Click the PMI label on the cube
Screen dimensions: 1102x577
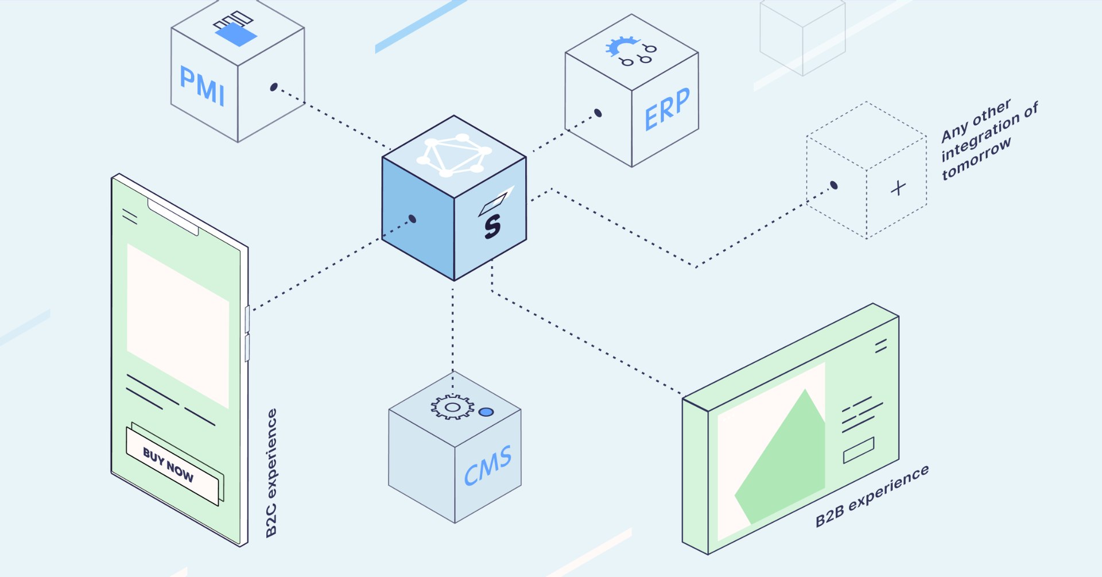201,86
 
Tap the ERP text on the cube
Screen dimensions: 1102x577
667,109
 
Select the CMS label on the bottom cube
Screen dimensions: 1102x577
487,466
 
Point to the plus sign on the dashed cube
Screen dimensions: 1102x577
898,188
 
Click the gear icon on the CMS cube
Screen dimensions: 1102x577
452,407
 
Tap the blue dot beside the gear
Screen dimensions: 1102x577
486,412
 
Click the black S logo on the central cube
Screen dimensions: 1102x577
492,226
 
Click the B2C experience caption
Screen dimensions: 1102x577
271,473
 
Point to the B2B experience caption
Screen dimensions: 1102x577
872,496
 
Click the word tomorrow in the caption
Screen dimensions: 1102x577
976,159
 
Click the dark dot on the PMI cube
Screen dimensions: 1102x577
274,87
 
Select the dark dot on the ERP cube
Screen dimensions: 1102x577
598,113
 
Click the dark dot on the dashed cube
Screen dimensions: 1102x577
834,185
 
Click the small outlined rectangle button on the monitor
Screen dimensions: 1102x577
859,450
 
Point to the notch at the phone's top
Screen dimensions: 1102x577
173,216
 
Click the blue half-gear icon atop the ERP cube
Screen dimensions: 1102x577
620,46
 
